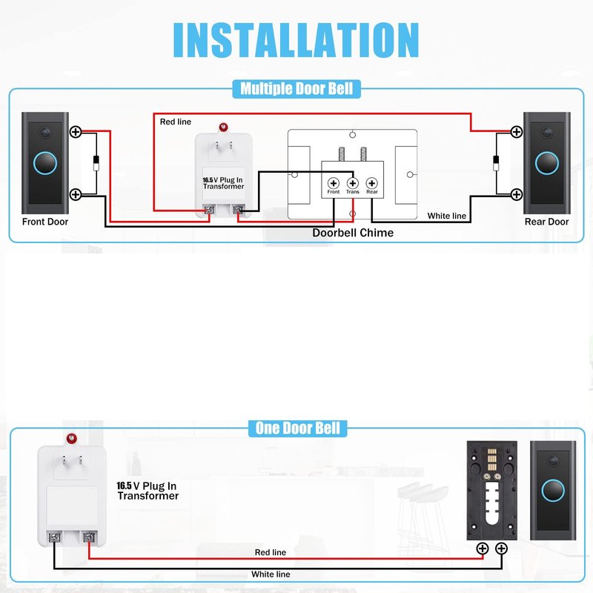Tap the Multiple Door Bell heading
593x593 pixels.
point(296,89)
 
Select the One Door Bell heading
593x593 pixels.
point(297,428)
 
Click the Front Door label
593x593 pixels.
point(44,222)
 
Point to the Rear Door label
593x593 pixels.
point(547,222)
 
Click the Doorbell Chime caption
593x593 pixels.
point(353,233)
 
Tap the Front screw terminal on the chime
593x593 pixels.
point(334,182)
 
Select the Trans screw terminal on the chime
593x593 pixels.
point(353,182)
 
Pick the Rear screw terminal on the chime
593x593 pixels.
point(372,182)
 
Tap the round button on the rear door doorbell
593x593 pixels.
point(548,162)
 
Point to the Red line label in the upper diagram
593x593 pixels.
point(176,121)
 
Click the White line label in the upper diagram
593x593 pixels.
point(447,216)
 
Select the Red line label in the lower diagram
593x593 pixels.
point(270,552)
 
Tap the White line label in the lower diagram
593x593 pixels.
point(271,574)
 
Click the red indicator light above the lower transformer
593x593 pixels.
point(72,438)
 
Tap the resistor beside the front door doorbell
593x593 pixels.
point(96,163)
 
